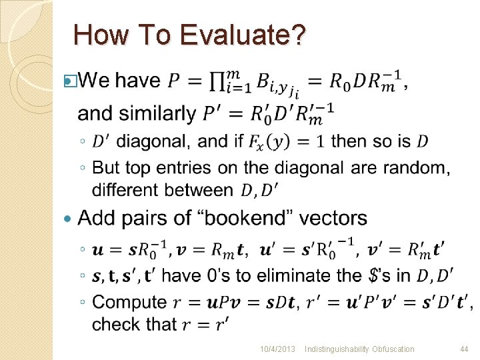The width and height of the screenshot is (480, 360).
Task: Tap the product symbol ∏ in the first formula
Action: coord(217,82)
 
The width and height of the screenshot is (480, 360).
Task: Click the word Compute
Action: coord(129,302)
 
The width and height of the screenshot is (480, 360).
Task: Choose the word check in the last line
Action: coord(114,324)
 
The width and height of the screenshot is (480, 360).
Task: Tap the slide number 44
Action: coord(465,349)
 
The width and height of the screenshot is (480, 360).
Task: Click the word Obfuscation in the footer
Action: coord(388,349)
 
